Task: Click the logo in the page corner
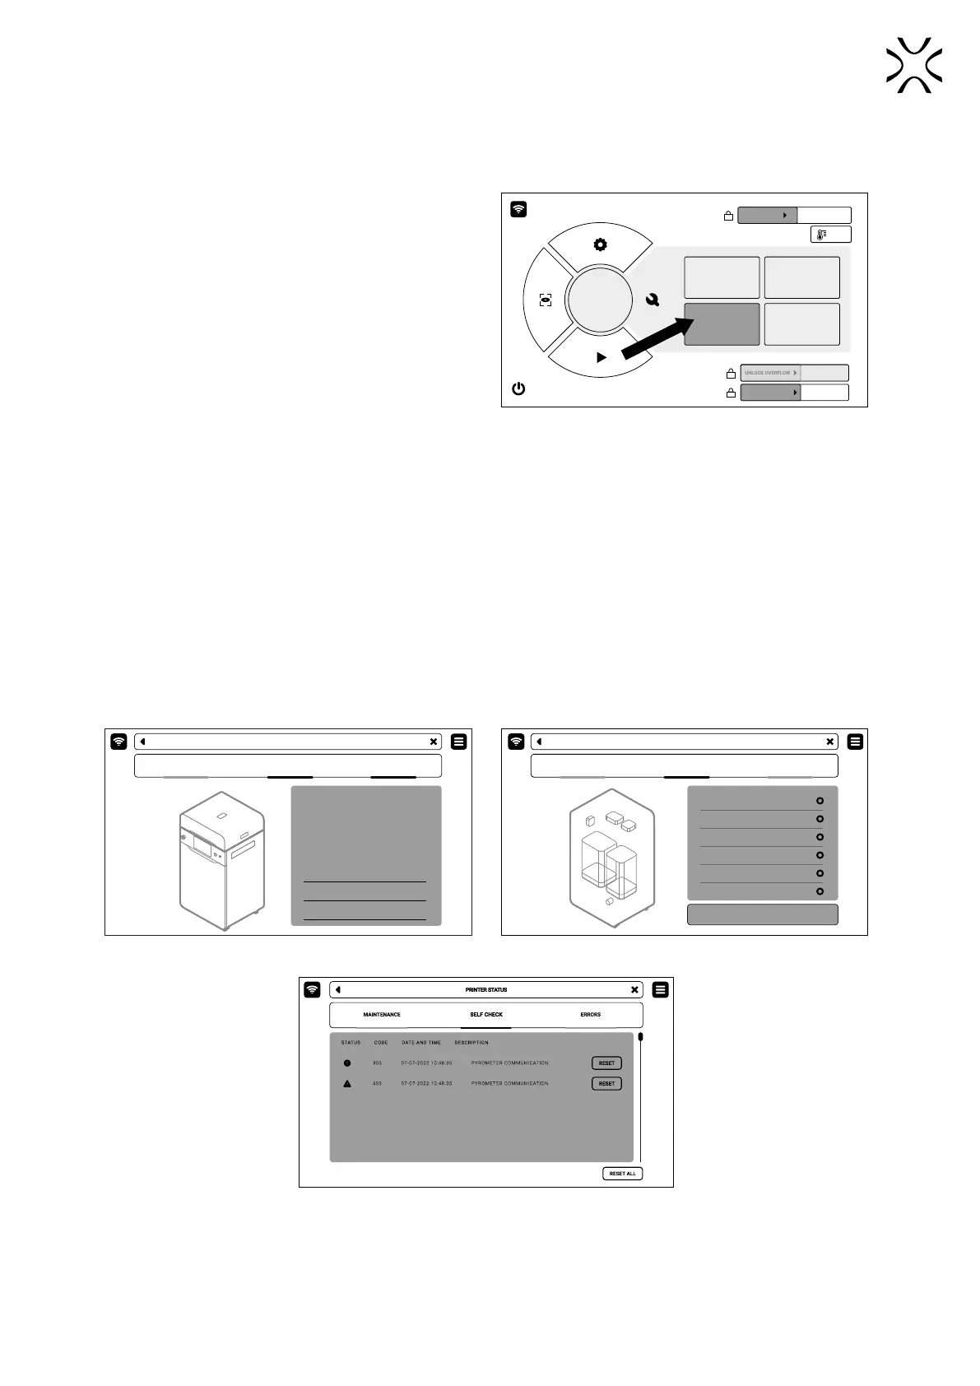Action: (914, 65)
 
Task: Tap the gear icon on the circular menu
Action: (600, 244)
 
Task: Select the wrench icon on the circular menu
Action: (653, 300)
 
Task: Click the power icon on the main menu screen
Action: (518, 389)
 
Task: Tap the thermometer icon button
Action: (830, 235)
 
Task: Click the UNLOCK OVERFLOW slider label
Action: (769, 373)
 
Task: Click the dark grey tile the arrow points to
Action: (722, 324)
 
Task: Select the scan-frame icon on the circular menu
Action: (546, 300)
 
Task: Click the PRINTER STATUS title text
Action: (486, 990)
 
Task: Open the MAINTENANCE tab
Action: (382, 1015)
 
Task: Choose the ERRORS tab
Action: (590, 1015)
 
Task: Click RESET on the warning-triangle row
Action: (606, 1084)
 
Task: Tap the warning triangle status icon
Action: (347, 1084)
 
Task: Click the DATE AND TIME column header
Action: (421, 1043)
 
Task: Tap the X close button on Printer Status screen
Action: (634, 990)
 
